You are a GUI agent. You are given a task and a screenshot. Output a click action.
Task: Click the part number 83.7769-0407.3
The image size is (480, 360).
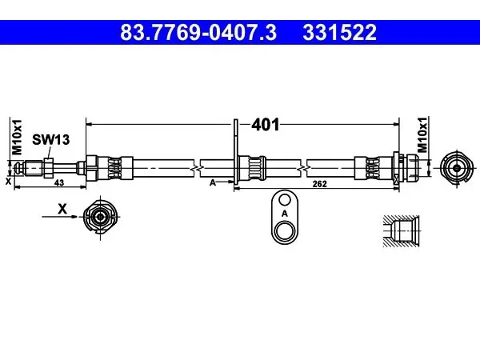[198, 33]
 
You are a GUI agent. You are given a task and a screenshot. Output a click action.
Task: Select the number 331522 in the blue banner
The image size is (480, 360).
[339, 33]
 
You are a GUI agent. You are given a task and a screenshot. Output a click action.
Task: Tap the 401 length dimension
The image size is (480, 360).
[266, 125]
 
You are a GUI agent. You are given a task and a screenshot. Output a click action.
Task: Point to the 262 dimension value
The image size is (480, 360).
[319, 184]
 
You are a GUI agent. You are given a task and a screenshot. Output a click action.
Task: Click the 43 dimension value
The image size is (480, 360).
[59, 182]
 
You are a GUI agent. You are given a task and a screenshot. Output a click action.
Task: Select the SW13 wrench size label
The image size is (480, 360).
[51, 140]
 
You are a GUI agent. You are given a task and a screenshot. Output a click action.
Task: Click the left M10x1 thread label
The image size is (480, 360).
[17, 137]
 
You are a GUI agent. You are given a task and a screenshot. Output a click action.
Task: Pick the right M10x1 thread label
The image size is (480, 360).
[422, 134]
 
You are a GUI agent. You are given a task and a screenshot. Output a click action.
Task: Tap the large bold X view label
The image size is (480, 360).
[62, 210]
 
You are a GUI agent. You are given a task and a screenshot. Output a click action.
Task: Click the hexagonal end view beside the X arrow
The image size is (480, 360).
[100, 217]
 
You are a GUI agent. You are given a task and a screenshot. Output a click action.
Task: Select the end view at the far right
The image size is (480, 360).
[457, 168]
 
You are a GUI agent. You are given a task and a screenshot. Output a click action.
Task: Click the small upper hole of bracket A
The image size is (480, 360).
[285, 200]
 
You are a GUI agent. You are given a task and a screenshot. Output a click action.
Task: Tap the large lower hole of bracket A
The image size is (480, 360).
[285, 232]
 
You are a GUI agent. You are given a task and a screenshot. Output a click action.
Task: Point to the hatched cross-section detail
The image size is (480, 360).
[401, 231]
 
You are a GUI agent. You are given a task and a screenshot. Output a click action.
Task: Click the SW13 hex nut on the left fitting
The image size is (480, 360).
[49, 168]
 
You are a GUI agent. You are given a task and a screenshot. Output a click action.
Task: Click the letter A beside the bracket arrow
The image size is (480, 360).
[213, 182]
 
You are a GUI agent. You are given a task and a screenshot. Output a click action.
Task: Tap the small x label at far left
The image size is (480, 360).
[8, 182]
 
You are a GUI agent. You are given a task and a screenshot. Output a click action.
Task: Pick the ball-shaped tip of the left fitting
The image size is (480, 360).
[19, 168]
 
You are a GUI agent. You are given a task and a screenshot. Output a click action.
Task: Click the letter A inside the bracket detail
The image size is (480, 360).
[285, 214]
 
